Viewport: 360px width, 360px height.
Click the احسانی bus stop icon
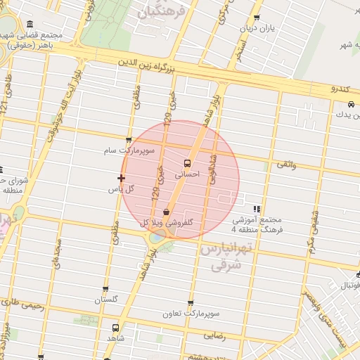coord(196,162)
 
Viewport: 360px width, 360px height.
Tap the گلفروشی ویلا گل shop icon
coord(166,212)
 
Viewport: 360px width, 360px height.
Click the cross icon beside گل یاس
coord(121,179)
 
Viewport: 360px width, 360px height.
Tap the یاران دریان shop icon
coord(257,18)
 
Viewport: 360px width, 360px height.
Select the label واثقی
coord(286,164)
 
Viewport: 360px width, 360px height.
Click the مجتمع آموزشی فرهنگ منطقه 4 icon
coord(257,209)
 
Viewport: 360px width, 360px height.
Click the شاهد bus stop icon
coord(115,328)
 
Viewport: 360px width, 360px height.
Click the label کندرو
coord(345,89)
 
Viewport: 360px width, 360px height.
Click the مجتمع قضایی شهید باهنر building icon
coord(29,25)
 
